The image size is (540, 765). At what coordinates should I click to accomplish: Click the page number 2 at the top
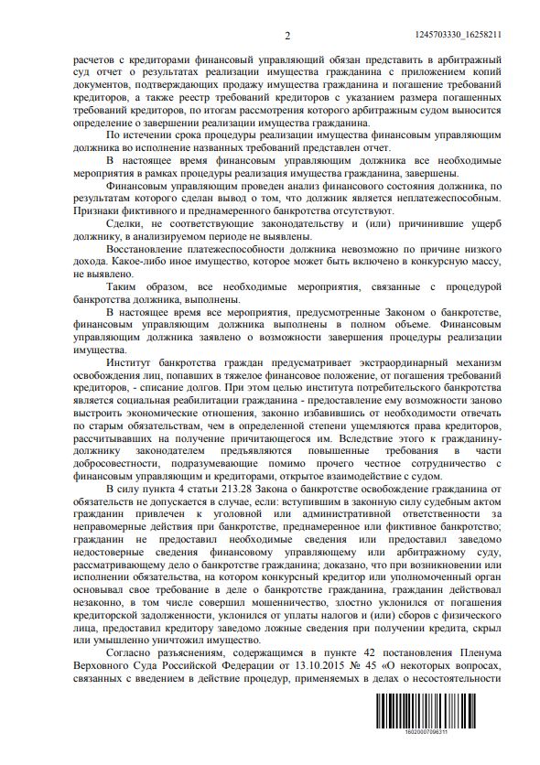point(286,36)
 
